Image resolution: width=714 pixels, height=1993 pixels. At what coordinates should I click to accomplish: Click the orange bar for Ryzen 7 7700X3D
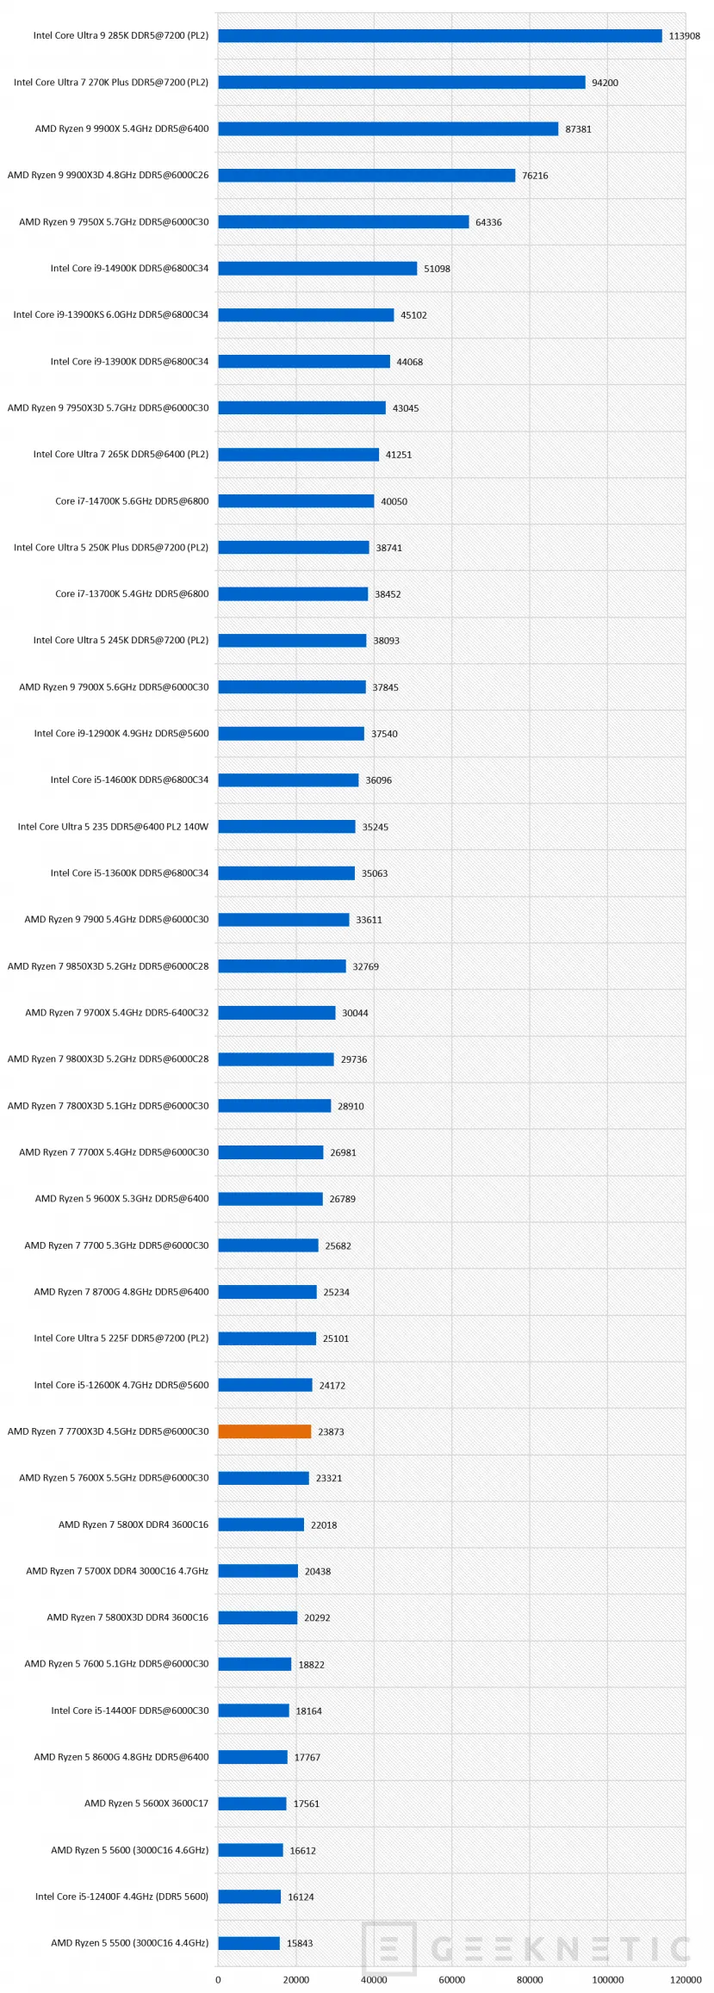[264, 1431]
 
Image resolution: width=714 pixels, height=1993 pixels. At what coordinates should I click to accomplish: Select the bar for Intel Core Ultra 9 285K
[440, 35]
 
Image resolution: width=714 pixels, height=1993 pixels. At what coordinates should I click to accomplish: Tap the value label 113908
[685, 36]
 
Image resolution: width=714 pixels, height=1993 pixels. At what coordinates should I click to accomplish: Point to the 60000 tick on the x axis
[452, 1979]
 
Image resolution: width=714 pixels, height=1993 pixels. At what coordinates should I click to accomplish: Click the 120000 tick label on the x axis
[686, 1979]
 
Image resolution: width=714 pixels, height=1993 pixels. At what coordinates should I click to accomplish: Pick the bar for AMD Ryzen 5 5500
[249, 1942]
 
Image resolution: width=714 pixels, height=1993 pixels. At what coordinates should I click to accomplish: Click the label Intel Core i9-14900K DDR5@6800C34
[129, 268]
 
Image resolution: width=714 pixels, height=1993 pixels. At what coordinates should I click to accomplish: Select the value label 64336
[488, 222]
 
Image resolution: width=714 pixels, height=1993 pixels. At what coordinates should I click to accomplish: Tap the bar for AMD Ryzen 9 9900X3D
[367, 175]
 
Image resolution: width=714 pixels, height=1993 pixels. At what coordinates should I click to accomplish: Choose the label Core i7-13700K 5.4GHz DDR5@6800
[132, 593]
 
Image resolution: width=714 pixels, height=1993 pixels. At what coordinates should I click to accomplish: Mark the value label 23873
[331, 1431]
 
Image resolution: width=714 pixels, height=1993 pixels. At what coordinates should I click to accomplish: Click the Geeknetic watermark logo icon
[389, 1948]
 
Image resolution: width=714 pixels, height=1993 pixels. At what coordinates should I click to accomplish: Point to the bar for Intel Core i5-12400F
[250, 1896]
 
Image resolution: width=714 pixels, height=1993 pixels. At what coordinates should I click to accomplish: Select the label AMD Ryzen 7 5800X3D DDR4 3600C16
[127, 1617]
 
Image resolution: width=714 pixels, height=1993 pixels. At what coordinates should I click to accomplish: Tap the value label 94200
[605, 83]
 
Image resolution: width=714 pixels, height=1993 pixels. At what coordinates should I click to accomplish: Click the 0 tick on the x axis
[218, 1979]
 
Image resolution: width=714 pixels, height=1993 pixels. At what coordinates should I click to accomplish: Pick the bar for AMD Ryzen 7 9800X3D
[276, 1059]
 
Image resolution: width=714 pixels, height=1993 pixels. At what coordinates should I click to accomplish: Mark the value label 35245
[375, 827]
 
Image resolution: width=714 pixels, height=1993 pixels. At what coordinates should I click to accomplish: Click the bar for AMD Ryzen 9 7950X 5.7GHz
[344, 221]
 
